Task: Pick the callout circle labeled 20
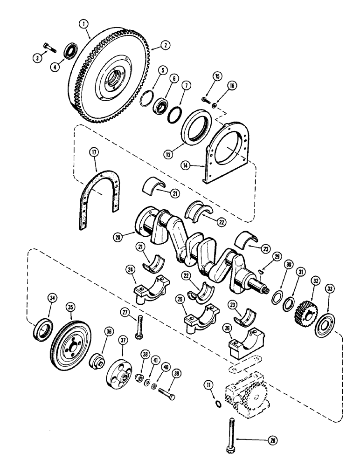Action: [x=121, y=236]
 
